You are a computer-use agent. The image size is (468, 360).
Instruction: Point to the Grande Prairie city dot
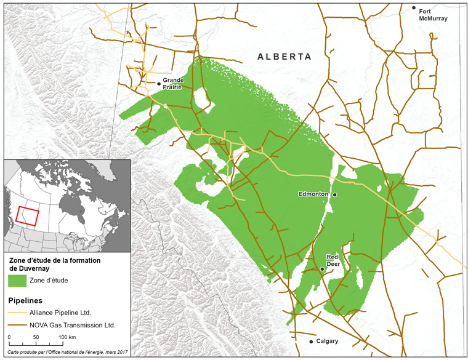(x=159, y=84)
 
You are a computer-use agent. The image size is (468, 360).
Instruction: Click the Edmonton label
(x=313, y=194)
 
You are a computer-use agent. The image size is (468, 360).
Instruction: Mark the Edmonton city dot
(x=335, y=195)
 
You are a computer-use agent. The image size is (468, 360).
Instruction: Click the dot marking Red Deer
(x=322, y=269)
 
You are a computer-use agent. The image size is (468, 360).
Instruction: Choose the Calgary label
(x=328, y=342)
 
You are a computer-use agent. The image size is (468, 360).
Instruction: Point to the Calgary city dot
(x=312, y=342)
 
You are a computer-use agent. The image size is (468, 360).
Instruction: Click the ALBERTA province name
(x=284, y=57)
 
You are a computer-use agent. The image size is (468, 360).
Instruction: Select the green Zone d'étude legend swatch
(x=18, y=281)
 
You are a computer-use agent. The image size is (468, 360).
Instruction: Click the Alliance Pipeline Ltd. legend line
(x=18, y=313)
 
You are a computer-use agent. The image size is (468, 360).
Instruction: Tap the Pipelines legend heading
(x=25, y=302)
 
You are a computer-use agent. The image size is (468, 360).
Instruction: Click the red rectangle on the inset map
(x=27, y=215)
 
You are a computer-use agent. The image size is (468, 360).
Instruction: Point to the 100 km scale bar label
(x=67, y=338)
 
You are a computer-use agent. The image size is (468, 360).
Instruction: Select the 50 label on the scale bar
(x=36, y=338)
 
